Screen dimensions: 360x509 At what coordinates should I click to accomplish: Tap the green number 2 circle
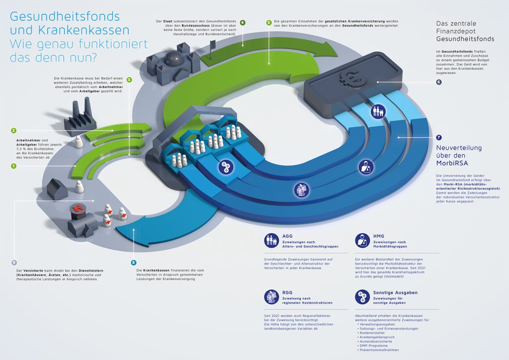14,131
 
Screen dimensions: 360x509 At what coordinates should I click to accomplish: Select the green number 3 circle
129,80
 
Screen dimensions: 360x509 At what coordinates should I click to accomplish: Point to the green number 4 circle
243,23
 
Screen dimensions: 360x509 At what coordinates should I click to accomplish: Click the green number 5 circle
269,23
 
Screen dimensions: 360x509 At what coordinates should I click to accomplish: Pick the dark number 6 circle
438,82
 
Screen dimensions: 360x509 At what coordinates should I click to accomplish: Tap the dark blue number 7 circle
438,137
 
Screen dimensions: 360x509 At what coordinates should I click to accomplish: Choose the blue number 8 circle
133,262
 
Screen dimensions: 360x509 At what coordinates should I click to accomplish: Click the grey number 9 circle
14,262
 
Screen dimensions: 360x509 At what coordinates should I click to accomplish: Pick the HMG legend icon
362,241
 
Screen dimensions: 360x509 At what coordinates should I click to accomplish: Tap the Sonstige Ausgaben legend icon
362,297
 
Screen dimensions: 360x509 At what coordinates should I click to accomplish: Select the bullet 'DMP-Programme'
373,346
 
